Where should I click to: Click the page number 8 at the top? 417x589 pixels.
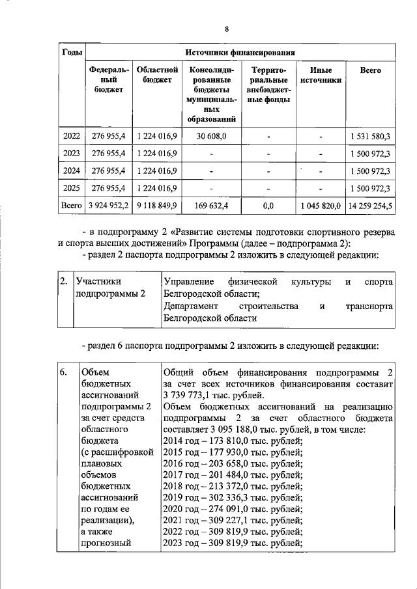pos(227,29)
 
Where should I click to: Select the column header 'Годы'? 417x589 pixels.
pos(70,52)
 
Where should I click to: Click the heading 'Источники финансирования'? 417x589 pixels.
pos(240,52)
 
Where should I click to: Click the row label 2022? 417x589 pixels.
pos(70,136)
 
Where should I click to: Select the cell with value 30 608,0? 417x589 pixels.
pos(211,136)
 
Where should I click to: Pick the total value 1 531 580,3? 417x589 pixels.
pos(369,136)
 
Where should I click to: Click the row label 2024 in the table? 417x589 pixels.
pos(70,171)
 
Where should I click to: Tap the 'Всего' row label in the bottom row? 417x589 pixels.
pos(70,206)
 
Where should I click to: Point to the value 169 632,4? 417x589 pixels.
pos(211,206)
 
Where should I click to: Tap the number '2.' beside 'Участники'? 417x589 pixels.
pos(63,282)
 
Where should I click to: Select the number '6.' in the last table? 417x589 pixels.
pos(63,372)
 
